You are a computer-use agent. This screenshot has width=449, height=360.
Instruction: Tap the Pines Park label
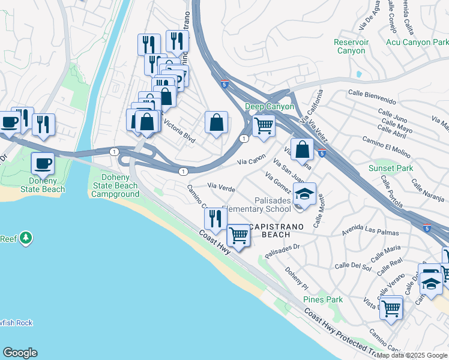pos(322,299)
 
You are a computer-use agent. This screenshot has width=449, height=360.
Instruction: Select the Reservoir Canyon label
pos(351,47)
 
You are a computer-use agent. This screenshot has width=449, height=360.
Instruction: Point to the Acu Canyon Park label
pos(417,43)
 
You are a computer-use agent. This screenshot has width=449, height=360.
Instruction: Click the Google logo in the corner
pos(20,353)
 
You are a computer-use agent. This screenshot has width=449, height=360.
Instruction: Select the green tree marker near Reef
pos(25,239)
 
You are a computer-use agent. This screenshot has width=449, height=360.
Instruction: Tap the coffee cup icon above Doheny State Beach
pos(43,163)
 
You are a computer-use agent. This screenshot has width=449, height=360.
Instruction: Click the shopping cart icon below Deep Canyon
pos(264,126)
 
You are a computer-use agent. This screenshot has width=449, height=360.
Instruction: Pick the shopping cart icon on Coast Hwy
pos(238,235)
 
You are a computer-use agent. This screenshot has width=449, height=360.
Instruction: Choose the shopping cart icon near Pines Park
pos(391,308)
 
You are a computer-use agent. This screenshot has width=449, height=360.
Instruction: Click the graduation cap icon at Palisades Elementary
pos(305,195)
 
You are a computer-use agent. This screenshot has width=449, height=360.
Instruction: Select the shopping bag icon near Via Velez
pos(304,149)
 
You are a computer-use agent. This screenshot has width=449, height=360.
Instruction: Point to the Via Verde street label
pos(221,187)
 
